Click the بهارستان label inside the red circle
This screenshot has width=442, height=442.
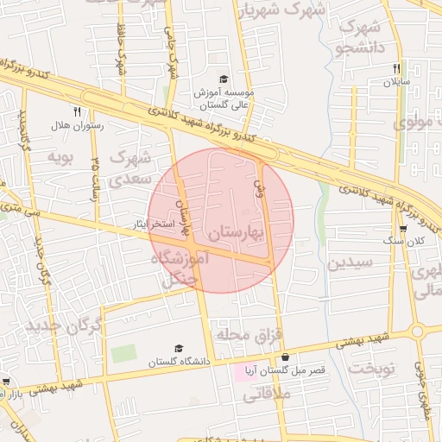[x=236, y=232]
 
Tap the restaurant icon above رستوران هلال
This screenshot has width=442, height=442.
[x=77, y=111]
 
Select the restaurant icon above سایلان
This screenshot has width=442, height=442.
[x=396, y=68]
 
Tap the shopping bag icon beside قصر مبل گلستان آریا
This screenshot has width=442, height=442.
[x=284, y=357]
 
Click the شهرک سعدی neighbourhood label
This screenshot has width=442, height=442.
[x=131, y=165]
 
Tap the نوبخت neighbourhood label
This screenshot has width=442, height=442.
[x=371, y=369]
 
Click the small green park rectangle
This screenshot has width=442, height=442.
[x=123, y=354]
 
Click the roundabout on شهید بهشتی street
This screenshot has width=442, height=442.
[x=418, y=331]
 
